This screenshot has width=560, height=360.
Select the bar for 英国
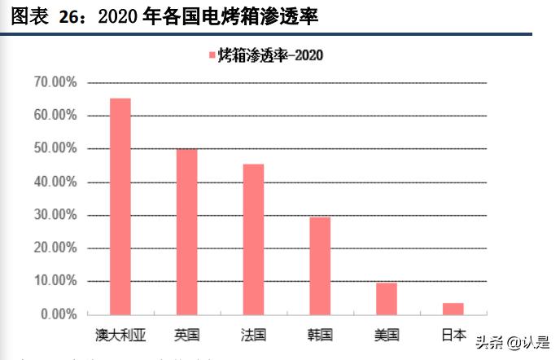pyautogui.click(x=186, y=231)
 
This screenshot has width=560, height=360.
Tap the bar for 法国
pyautogui.click(x=253, y=239)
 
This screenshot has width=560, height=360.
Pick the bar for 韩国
pyautogui.click(x=320, y=266)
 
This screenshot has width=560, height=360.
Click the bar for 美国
pyautogui.click(x=387, y=298)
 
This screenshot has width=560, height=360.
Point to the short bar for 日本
pyautogui.click(x=453, y=309)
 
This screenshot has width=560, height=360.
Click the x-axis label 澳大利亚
pyautogui.click(x=120, y=334)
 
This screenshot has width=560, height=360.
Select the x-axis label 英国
pyautogui.click(x=186, y=334)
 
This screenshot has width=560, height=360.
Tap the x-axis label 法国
pyautogui.click(x=253, y=334)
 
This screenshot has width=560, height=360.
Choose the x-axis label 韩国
pyautogui.click(x=320, y=334)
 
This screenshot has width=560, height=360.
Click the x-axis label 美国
pyautogui.click(x=387, y=334)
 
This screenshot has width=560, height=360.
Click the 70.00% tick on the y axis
pyautogui.click(x=55, y=82)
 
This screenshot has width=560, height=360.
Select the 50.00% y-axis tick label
pyautogui.click(x=55, y=149)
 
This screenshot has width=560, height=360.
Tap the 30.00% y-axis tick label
pyautogui.click(x=55, y=215)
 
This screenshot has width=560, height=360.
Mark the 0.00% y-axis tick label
pyautogui.click(x=59, y=314)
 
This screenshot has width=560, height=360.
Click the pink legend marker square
pyautogui.click(x=212, y=55)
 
